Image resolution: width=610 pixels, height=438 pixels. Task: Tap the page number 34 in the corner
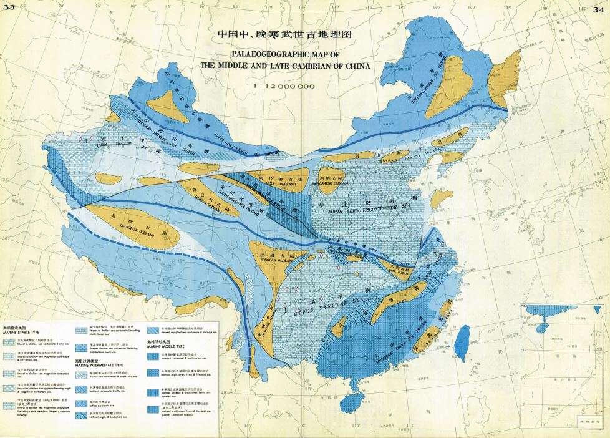pyautogui.click(x=599, y=7)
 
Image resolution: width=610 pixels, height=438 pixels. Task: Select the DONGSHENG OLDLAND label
pyautogui.click(x=339, y=184)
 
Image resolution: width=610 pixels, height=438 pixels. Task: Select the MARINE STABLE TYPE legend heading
pyautogui.click(x=22, y=331)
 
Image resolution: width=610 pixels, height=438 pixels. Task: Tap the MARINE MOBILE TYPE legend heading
pyautogui.click(x=167, y=346)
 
